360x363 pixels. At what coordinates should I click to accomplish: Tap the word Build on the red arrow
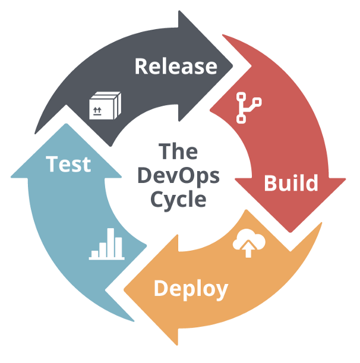(290, 182)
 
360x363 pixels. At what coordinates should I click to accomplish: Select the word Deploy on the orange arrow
(191, 289)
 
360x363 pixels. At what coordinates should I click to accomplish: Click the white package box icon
(105, 107)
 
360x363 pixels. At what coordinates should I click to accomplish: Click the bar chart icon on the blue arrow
(107, 245)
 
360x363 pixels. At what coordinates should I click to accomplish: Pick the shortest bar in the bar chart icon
(95, 254)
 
